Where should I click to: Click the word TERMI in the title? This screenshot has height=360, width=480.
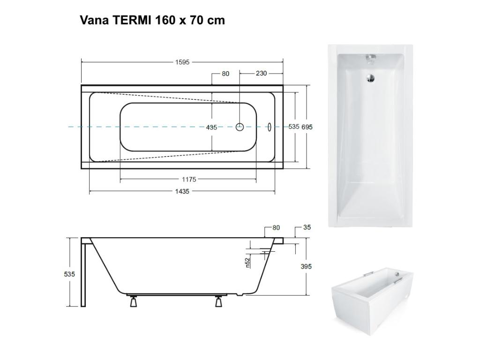click(x=131, y=20)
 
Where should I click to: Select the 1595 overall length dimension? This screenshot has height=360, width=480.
click(x=182, y=62)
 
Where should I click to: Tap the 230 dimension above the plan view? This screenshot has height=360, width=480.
click(x=261, y=74)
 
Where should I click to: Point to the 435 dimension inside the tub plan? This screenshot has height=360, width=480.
click(x=211, y=127)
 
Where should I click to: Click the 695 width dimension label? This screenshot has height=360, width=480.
click(x=307, y=127)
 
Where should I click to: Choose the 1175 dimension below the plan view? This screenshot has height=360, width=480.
click(x=188, y=180)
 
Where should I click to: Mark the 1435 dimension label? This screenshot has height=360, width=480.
click(x=182, y=191)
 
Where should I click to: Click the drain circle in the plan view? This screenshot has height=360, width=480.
click(x=240, y=127)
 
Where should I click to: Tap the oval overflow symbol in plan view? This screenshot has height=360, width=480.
click(x=270, y=127)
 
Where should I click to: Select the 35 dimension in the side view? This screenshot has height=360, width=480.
click(x=307, y=228)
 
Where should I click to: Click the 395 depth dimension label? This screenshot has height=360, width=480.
click(x=306, y=267)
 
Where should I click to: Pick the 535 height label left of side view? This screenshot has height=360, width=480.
click(x=69, y=274)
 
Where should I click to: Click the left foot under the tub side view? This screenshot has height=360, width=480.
click(x=134, y=302)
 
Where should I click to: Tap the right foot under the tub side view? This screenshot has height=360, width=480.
click(x=218, y=302)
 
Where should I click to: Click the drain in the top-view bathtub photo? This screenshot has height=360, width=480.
click(x=370, y=78)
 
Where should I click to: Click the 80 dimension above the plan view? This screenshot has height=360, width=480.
click(x=225, y=74)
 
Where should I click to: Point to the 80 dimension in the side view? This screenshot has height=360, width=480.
click(x=276, y=228)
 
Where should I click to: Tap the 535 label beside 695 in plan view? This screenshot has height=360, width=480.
click(x=293, y=127)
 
